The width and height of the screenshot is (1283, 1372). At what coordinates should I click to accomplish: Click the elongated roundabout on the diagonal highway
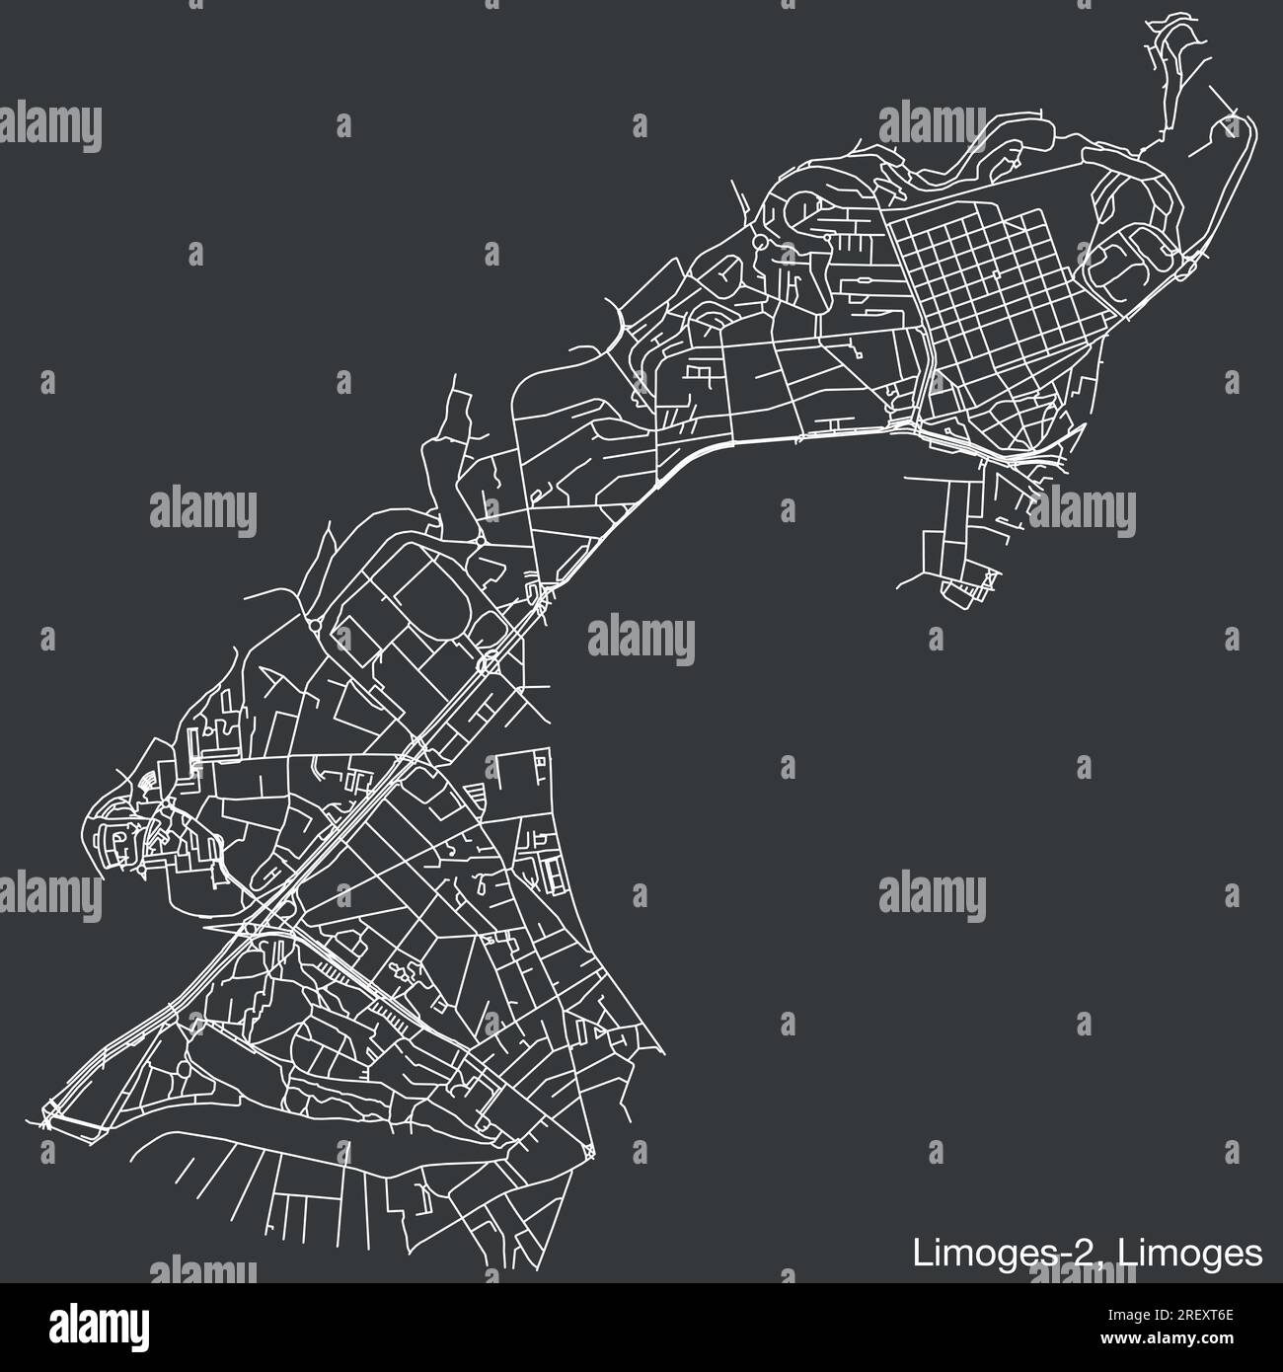[487, 663]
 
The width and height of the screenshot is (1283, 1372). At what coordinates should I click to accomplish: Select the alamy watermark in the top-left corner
[49, 125]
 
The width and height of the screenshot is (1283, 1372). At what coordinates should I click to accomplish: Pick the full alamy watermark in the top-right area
[932, 125]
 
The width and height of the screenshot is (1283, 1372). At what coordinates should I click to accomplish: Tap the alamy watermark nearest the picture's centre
[641, 637]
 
